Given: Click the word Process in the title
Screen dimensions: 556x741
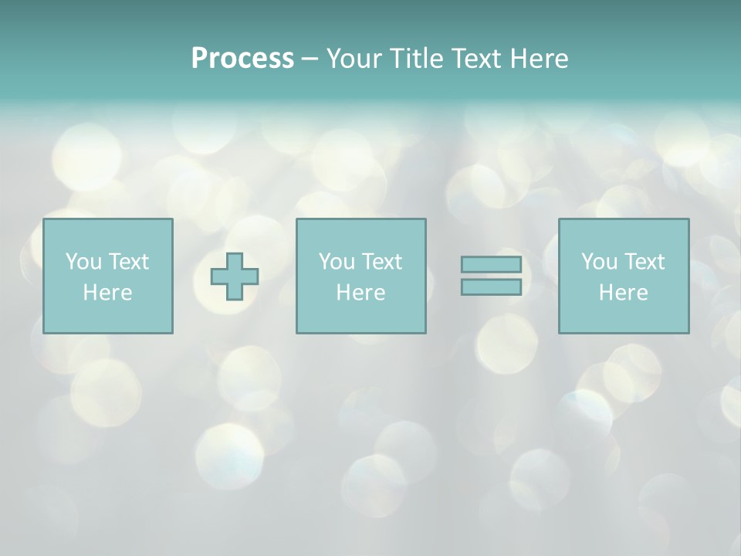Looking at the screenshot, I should point(242,59).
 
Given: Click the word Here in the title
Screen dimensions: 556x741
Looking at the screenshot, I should point(540,59).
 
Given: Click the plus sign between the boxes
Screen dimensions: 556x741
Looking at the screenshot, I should point(235,276).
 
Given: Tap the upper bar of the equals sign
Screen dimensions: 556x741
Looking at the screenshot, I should point(491,265).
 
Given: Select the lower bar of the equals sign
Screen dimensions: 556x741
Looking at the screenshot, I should point(491,286).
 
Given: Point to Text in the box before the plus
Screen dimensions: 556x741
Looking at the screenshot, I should point(128,262).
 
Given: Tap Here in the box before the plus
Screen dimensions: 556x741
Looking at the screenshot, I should point(107,293).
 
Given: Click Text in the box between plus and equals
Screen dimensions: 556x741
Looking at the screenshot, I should point(381,262).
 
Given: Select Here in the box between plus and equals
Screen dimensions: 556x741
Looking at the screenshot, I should point(360,293).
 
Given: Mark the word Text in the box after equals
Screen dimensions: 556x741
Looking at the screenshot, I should point(644,262).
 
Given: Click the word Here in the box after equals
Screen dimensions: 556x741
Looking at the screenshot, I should point(623,293).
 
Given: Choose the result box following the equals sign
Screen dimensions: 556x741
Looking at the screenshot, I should point(623,317).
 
